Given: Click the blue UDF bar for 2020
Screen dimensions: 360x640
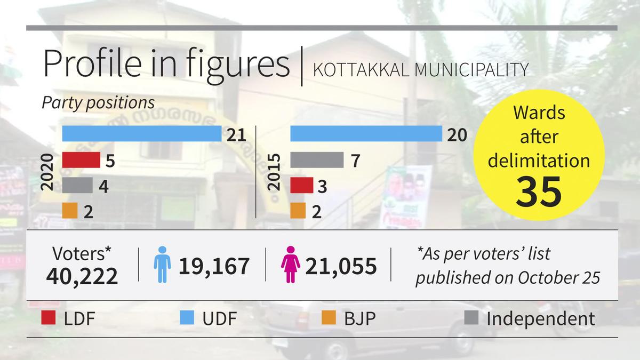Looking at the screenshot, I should tap(141, 133).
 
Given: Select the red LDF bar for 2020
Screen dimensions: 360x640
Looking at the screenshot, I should tap(81, 160).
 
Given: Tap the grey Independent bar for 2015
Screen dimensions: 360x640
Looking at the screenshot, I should tap(317, 160).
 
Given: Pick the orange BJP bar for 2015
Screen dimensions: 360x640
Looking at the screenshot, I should tap(298, 211).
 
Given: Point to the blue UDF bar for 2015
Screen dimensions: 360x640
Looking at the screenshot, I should tap(366, 133).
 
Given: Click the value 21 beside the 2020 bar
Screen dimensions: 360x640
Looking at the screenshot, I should tap(235, 134).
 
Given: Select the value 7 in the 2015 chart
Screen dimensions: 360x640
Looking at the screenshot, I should tap(356, 161).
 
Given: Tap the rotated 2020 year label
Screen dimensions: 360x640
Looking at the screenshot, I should tap(47, 173).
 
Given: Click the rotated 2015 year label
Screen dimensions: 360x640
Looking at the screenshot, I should tap(274, 173).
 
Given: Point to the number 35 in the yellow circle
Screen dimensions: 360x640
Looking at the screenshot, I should tap(539, 191).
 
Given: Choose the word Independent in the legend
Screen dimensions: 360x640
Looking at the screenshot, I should tap(540, 319).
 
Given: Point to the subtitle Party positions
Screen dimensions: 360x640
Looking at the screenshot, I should tap(98, 102).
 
